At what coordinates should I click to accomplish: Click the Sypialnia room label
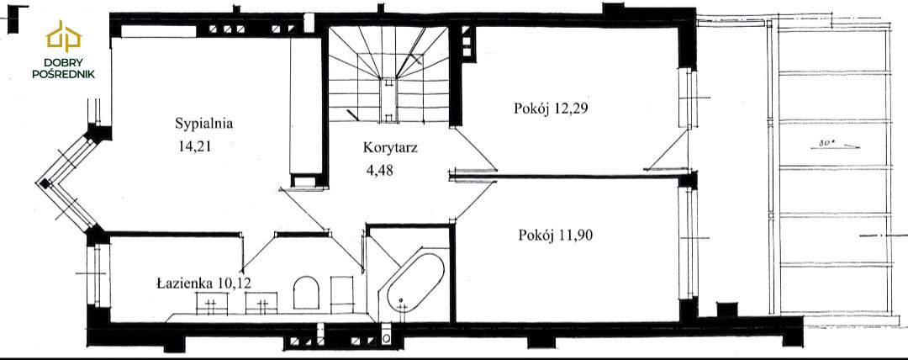pos(203,124)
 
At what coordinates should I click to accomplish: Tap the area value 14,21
pos(194,146)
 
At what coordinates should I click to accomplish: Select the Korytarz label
pos(390,147)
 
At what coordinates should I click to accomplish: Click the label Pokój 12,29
pos(551,109)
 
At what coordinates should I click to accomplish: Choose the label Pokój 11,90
pos(556,236)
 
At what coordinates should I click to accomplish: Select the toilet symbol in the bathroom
pos(306,293)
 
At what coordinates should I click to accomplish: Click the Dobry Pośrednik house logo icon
pos(64,36)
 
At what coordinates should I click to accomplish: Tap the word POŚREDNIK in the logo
pos(64,74)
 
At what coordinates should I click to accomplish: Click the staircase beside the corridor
pos(388,74)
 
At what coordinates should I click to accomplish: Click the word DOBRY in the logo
pos(64,62)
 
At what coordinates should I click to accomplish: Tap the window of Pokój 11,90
pos(688,243)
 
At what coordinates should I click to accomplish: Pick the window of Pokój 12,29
pos(686,98)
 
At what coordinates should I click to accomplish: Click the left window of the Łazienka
pos(98,275)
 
